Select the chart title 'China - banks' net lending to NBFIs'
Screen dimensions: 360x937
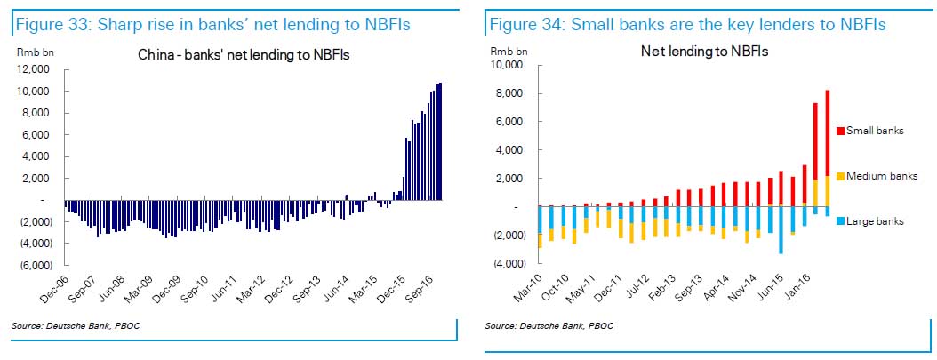tap(244, 55)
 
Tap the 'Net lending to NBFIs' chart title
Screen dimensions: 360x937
tap(704, 51)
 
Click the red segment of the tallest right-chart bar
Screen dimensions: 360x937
tap(828, 133)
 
